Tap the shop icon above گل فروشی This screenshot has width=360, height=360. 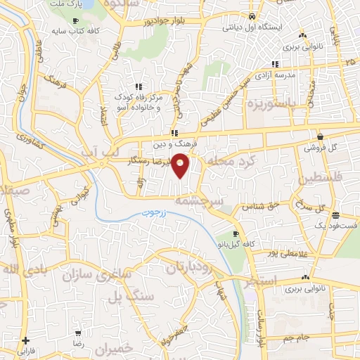tap(320, 137)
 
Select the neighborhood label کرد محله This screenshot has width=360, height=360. tap(227, 162)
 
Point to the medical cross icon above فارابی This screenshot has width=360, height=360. tap(25, 340)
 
